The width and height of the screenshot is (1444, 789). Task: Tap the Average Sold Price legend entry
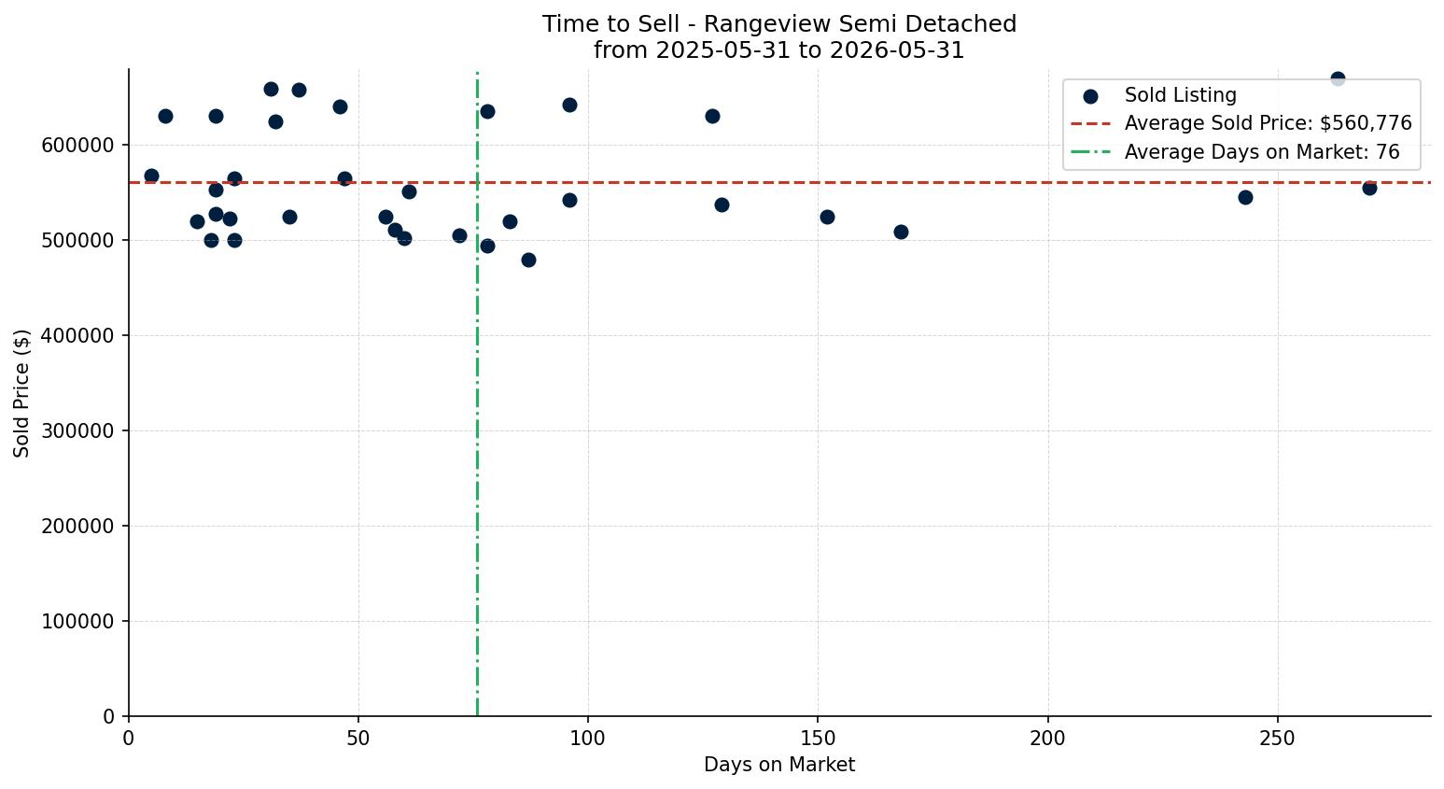point(1241,123)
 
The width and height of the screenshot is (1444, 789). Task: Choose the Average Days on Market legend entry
point(1235,152)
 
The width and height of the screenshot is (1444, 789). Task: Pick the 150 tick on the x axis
point(818,739)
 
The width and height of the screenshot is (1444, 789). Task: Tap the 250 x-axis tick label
point(1278,739)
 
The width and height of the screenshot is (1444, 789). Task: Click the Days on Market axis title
point(779,765)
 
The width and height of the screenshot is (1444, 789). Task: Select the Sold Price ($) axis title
point(21,393)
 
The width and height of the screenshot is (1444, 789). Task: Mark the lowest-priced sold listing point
point(528,261)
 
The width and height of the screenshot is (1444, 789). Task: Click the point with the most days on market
point(1370,189)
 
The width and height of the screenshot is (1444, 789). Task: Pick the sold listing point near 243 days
point(1245,197)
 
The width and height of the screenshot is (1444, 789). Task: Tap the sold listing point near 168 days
point(901,232)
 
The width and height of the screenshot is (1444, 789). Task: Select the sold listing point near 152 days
point(827,218)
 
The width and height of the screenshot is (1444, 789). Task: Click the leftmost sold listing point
point(151,176)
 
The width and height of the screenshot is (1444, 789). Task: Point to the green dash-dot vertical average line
point(477,394)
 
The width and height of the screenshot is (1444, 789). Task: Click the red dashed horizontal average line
point(779,183)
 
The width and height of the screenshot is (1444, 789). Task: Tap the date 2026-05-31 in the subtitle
point(897,50)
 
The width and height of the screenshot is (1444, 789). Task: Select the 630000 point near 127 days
point(712,117)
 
